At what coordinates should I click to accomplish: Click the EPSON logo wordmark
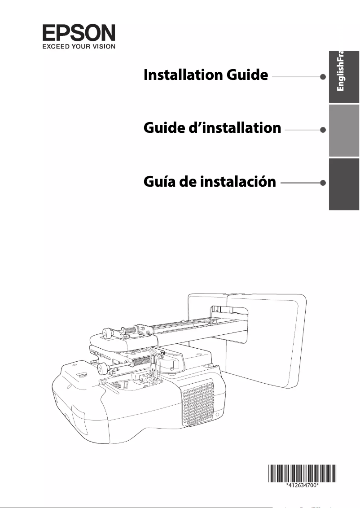point(79,33)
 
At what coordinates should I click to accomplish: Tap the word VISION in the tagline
point(102,45)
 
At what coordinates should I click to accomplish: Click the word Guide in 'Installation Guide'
point(247,75)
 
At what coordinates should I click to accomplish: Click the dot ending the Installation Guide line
point(323,77)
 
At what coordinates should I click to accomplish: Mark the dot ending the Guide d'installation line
point(323,130)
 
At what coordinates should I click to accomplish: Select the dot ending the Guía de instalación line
point(323,183)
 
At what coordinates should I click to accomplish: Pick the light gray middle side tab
point(344,130)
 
